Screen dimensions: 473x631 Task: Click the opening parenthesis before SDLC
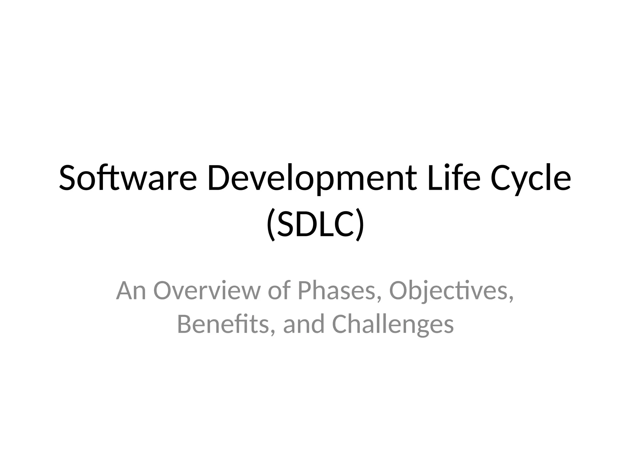coord(271,225)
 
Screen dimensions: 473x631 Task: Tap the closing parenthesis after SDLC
coord(360,225)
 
